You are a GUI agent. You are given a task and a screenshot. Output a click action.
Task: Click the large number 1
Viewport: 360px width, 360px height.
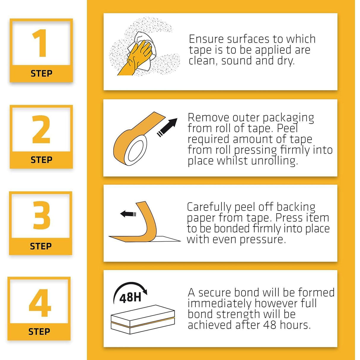(x=40, y=43)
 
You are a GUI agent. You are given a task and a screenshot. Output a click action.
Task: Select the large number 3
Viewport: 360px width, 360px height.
(x=42, y=215)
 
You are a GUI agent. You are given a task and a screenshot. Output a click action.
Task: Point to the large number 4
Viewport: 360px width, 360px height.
(x=40, y=303)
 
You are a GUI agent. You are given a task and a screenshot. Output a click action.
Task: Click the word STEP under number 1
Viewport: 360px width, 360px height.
(x=42, y=74)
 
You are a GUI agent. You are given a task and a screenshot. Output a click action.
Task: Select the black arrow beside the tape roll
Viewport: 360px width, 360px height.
(x=167, y=128)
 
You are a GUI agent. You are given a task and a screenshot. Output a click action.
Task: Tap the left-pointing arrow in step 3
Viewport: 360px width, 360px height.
(x=128, y=214)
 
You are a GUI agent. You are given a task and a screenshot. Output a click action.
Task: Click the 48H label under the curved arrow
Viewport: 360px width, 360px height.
(x=130, y=298)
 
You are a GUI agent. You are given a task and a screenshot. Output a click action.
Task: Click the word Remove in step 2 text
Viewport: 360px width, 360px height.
(x=208, y=118)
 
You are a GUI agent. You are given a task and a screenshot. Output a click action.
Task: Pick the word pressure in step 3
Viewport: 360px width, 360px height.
(x=263, y=240)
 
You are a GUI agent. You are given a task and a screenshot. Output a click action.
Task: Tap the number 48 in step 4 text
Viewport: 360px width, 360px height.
(x=270, y=325)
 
